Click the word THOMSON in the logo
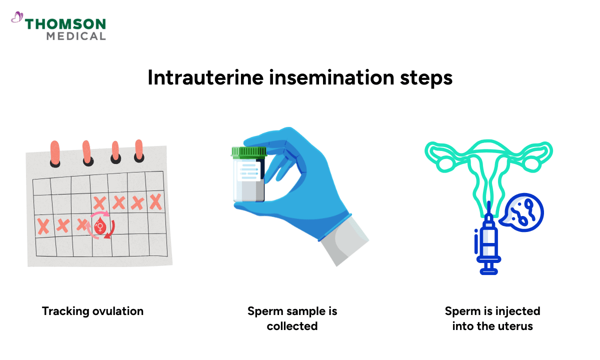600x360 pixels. (x=65, y=24)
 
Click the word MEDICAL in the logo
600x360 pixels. (x=75, y=36)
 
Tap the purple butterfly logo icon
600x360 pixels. (x=17, y=18)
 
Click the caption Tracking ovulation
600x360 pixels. (x=92, y=311)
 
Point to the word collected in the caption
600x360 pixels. (x=292, y=326)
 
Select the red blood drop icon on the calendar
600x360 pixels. (x=100, y=227)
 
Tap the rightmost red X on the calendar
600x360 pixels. (x=155, y=202)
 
